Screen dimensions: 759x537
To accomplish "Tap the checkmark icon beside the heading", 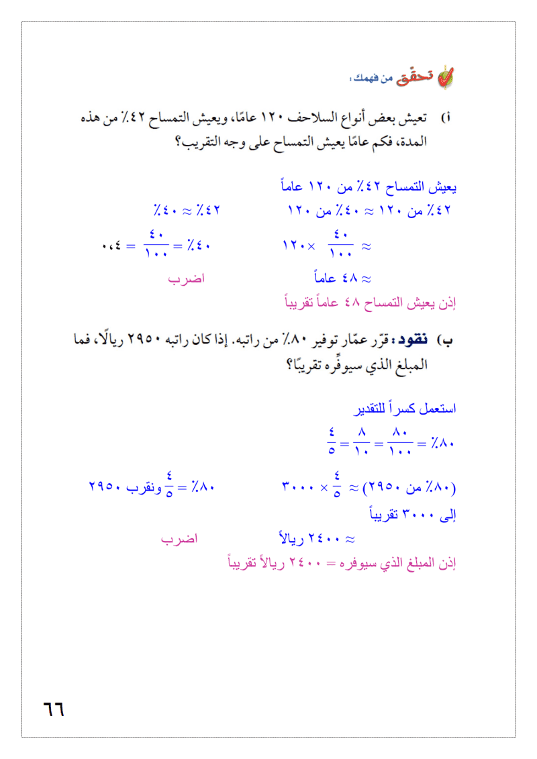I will point(444,78).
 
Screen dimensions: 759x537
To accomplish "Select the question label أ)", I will point(446,119).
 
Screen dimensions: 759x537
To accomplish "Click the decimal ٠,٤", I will point(112,246).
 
